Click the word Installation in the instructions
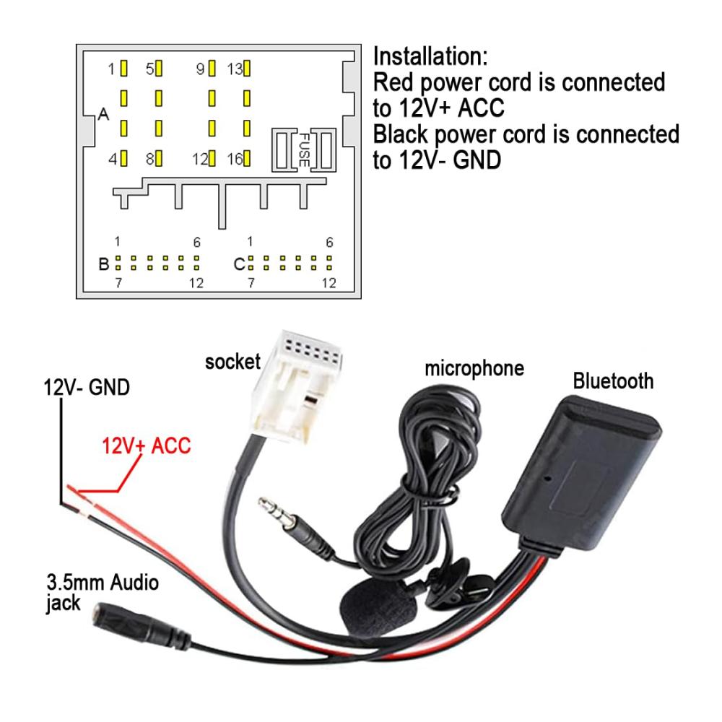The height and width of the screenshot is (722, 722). pyautogui.click(x=430, y=56)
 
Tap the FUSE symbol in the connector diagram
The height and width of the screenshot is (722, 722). pyautogui.click(x=305, y=150)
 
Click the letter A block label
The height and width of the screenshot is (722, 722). pyautogui.click(x=103, y=115)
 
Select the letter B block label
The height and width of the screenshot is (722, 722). pyautogui.click(x=104, y=264)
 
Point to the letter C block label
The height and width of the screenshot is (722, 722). pyautogui.click(x=239, y=264)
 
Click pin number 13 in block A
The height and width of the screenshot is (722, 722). pyautogui.click(x=235, y=69)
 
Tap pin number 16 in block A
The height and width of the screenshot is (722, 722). pyautogui.click(x=235, y=159)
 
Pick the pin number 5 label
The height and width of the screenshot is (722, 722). pyautogui.click(x=150, y=69)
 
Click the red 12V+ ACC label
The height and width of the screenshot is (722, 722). pyautogui.click(x=147, y=445)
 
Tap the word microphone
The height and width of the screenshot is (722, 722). pyautogui.click(x=474, y=369)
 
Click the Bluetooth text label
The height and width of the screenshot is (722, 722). pyautogui.click(x=613, y=380)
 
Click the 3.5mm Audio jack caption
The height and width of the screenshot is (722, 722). pyautogui.click(x=101, y=592)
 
